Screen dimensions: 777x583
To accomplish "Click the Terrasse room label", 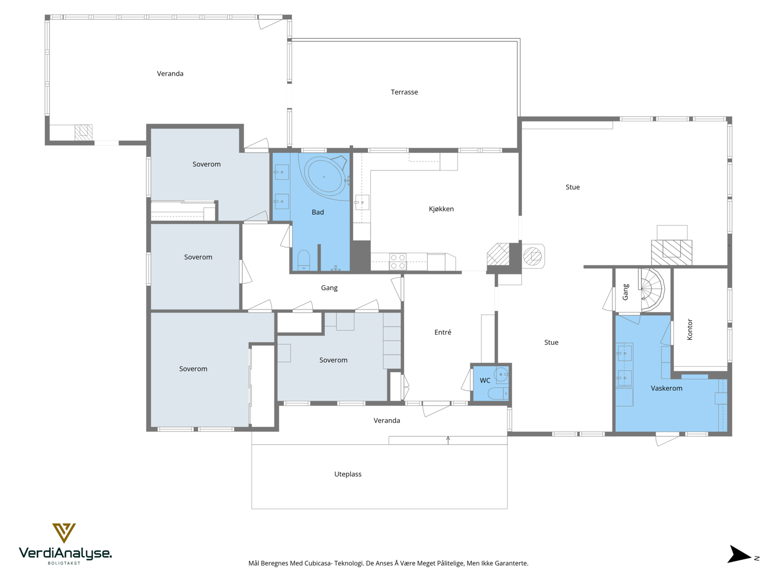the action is pos(404,92).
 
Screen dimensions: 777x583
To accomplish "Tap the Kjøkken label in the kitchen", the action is pos(441,209).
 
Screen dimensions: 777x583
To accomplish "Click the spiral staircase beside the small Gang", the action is pos(651,290).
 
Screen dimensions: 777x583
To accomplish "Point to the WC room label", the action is pos(485,380).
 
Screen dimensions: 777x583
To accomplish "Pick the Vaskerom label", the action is pos(666,388).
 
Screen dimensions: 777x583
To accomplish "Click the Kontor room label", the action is pos(689,329).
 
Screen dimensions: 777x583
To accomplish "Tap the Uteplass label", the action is pos(348,474).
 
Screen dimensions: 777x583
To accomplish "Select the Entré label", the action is pos(442,332).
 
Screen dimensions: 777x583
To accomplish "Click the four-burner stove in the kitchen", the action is pos(398,261).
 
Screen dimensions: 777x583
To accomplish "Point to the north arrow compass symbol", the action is pos(740,554).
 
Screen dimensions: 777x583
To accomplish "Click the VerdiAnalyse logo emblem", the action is pos(64,533).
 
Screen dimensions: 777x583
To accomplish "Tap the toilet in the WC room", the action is pos(498,393).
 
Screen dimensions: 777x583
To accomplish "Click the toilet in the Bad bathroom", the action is pos(304,260).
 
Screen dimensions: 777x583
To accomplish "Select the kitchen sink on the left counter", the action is pos(362,203).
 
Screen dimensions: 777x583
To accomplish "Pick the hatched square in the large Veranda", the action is pos(84,132).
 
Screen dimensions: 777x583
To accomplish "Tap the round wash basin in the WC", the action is pos(501,375).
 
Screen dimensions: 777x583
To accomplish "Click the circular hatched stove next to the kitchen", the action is pos(532,256).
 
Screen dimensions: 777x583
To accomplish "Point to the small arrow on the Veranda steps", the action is pos(448,440).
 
